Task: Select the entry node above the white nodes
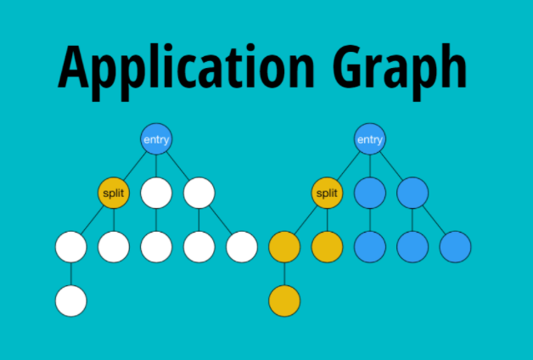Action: click(x=156, y=139)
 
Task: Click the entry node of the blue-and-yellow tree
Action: click(x=369, y=139)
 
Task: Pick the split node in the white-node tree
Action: click(x=114, y=193)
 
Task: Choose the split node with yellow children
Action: click(x=327, y=193)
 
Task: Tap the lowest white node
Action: click(x=71, y=301)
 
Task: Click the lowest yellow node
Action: click(x=284, y=301)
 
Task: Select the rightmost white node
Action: click(x=242, y=246)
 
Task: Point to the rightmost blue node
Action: click(x=455, y=246)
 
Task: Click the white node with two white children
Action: click(x=199, y=193)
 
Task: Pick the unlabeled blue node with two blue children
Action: click(x=412, y=193)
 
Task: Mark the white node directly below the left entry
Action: click(x=156, y=193)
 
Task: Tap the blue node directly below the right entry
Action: click(x=369, y=193)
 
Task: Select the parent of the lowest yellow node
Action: click(x=284, y=246)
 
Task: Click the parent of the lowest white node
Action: click(x=71, y=246)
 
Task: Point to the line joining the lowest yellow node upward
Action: click(x=284, y=273)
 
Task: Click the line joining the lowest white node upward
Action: click(x=71, y=273)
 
